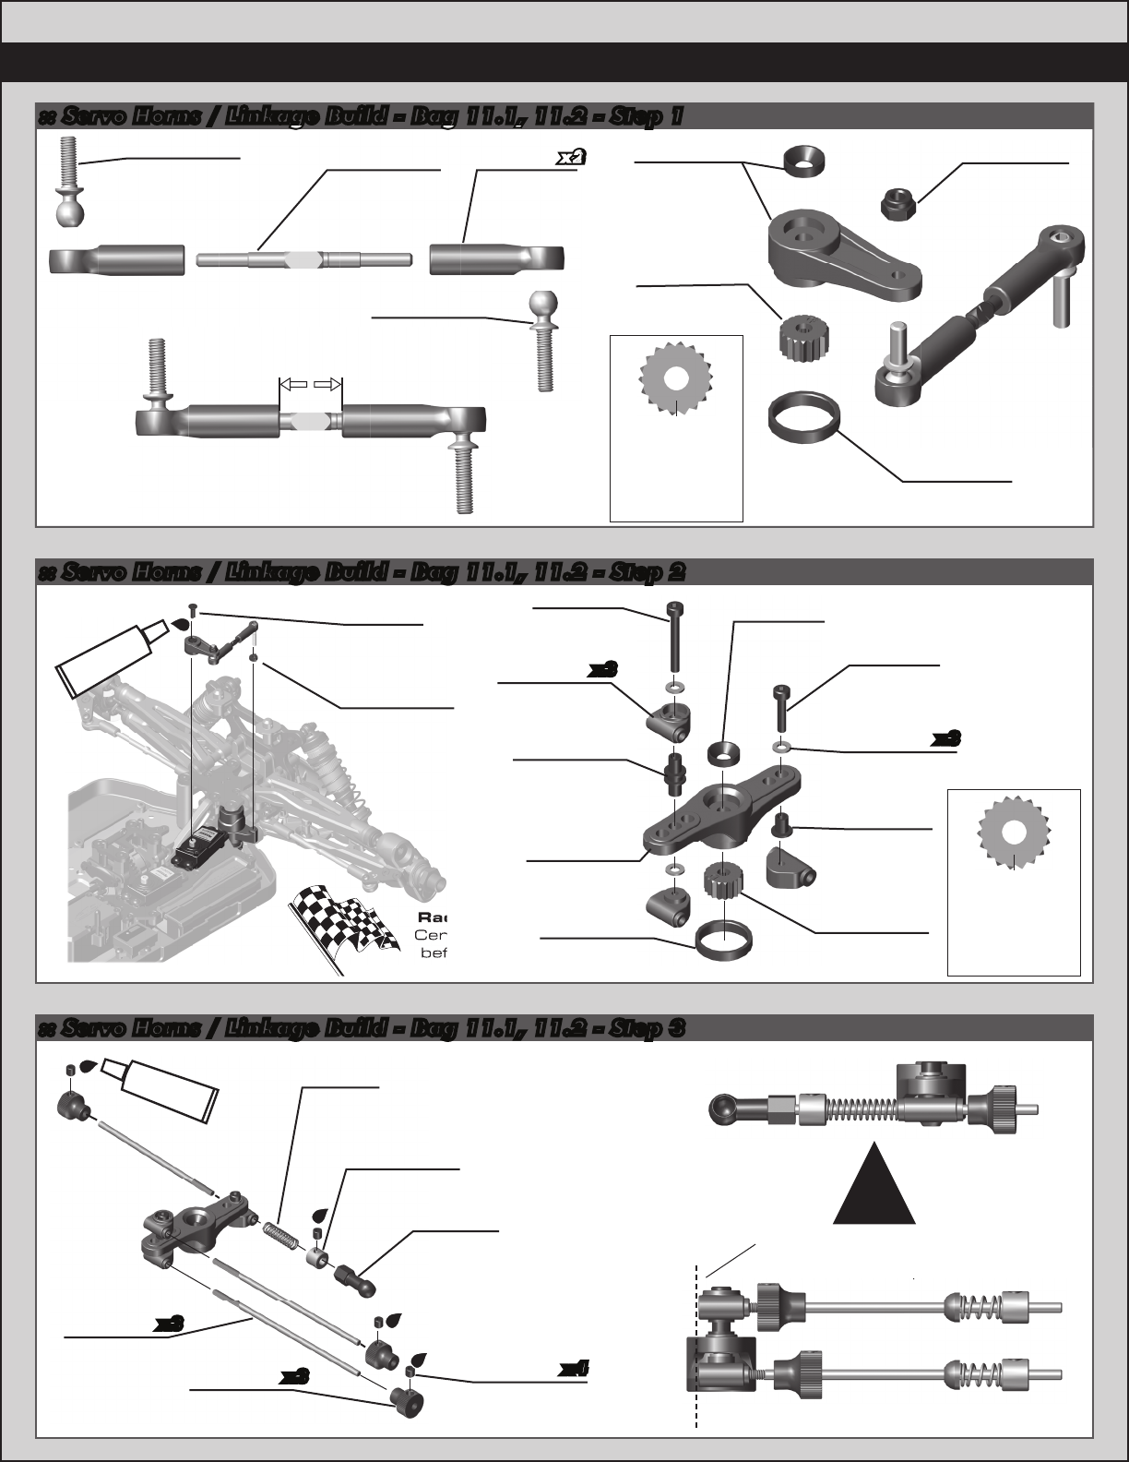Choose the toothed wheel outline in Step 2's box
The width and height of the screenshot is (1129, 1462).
1014,831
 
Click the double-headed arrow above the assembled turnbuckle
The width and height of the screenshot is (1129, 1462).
310,383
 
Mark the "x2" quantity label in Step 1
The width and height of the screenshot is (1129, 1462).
571,158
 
